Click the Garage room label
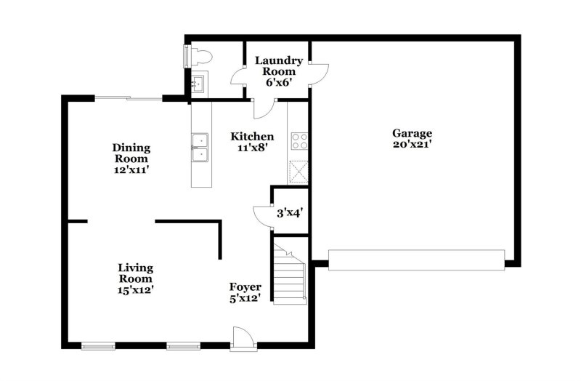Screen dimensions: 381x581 click(x=413, y=133)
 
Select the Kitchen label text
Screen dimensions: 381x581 click(x=252, y=136)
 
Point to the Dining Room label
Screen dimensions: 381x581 click(x=131, y=153)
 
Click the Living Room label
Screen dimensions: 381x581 click(x=135, y=273)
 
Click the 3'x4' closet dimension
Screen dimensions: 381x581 click(x=290, y=214)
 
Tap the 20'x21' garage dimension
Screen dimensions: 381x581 click(x=413, y=144)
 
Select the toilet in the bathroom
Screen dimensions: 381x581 click(x=198, y=55)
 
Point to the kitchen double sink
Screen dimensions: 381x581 click(x=199, y=148)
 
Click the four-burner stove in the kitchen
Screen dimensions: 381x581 click(x=298, y=140)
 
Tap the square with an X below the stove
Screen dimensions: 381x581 click(x=298, y=172)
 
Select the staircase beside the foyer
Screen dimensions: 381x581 click(x=290, y=274)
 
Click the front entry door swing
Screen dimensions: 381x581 click(x=242, y=338)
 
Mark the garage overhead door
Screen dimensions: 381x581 click(x=416, y=260)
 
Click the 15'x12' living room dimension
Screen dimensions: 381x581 click(x=135, y=289)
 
